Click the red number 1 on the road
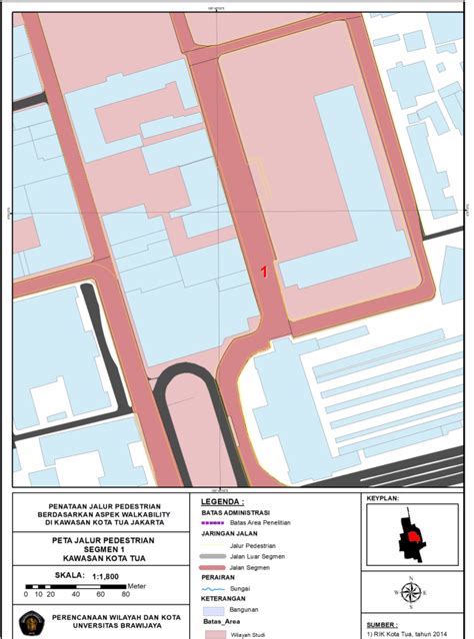(x=264, y=271)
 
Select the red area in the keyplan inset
(x=409, y=539)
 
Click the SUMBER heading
(x=387, y=623)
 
